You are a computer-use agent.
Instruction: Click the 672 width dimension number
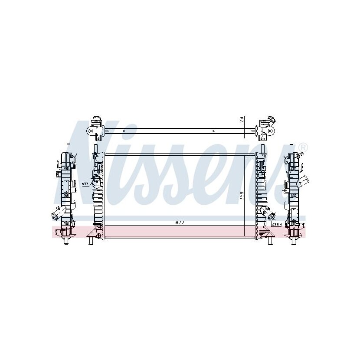click(x=180, y=223)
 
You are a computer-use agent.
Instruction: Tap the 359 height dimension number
click(x=242, y=196)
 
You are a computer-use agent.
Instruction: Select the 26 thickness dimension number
click(x=242, y=119)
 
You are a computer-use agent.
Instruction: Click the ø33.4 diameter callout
click(x=276, y=225)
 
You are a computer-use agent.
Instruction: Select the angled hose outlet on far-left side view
click(x=58, y=212)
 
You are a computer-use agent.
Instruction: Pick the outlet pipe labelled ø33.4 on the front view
click(x=269, y=213)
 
